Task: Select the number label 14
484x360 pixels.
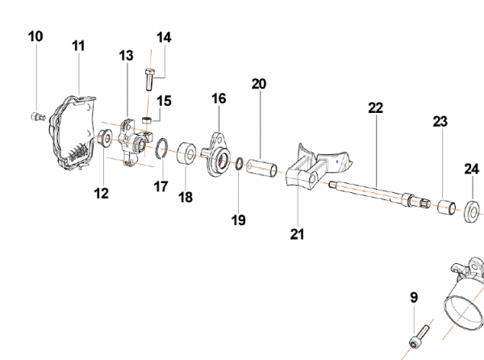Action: [164, 37]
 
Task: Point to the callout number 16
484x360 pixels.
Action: [219, 98]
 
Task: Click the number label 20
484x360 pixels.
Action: [258, 83]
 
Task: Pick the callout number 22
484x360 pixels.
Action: [376, 107]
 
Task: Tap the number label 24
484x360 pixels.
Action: [471, 169]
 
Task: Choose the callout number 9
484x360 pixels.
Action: [414, 297]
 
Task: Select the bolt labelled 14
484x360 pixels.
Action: [149, 78]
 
